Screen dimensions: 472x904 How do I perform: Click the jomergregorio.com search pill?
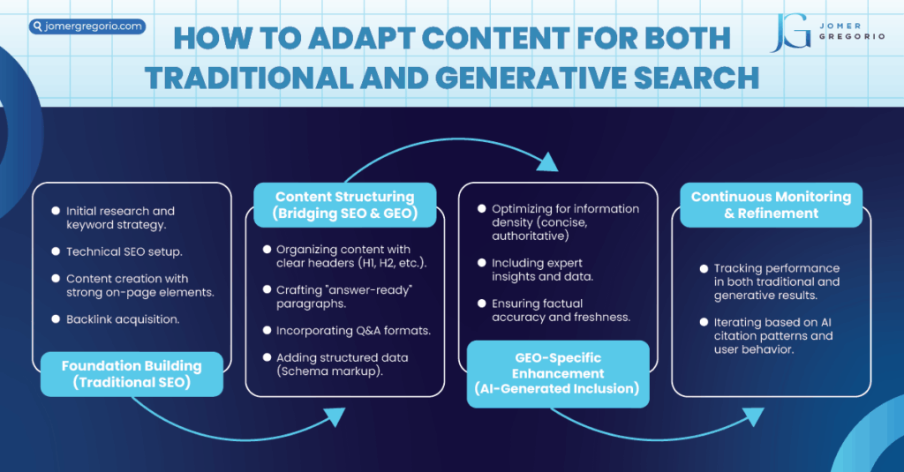87,26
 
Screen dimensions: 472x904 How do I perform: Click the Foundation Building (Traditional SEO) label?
132,374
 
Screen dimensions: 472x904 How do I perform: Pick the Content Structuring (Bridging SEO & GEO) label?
345,205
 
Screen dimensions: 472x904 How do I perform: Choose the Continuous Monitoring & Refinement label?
771,205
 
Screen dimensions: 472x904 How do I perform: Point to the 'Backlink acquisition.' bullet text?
123,319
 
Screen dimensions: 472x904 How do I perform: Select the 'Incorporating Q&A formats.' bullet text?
353,330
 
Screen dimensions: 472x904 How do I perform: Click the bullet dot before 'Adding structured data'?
267,357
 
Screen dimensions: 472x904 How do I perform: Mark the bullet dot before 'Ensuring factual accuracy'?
482,303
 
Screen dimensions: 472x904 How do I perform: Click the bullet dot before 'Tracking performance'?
704,268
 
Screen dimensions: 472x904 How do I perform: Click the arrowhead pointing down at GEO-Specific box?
547,161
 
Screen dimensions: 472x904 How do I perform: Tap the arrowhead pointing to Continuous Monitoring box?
752,416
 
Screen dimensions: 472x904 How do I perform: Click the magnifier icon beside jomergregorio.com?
38,26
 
